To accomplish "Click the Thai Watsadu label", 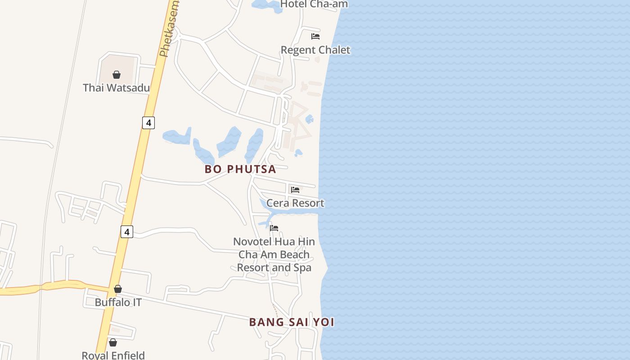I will pos(116,87).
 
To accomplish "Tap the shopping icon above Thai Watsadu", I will pos(117,75).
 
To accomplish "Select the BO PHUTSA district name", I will pos(240,169).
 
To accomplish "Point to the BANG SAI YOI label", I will pos(292,322).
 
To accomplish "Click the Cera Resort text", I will pos(295,203).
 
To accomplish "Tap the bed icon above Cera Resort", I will pos(295,190).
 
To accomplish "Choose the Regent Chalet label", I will pos(315,49).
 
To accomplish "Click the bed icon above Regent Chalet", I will pos(315,36).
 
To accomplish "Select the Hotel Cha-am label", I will pos(314,4).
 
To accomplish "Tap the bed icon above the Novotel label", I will pos(274,228).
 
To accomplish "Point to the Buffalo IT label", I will pos(118,302).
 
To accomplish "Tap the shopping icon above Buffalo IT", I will pos(118,289).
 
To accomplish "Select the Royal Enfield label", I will pos(113,355).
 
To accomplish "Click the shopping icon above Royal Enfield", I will pos(113,342).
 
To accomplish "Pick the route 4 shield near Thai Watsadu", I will pos(148,122).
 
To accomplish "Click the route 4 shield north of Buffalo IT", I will pos(127,232).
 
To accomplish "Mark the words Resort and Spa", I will pos(274,268).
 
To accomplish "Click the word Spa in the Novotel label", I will pos(303,268).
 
